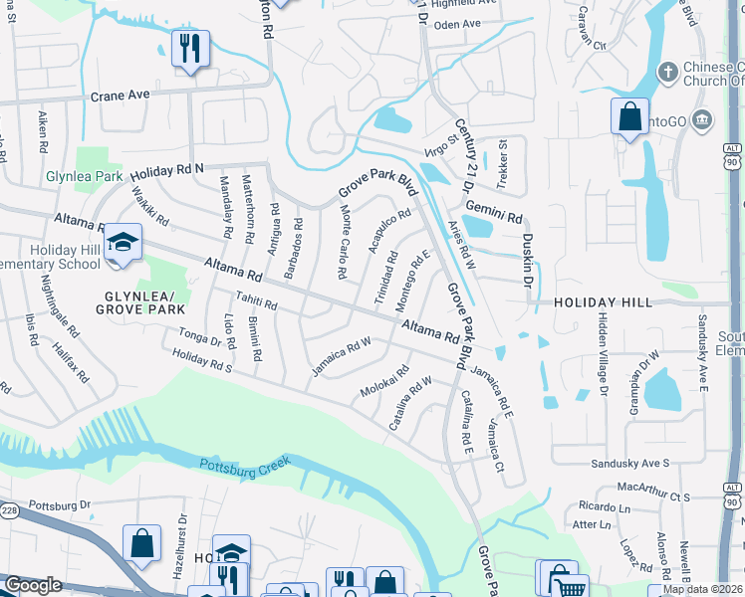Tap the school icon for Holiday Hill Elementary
[123, 243]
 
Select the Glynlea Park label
[84, 177]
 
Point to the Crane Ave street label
[120, 96]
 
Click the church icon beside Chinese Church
[667, 72]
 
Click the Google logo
[33, 586]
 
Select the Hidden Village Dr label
[602, 353]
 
